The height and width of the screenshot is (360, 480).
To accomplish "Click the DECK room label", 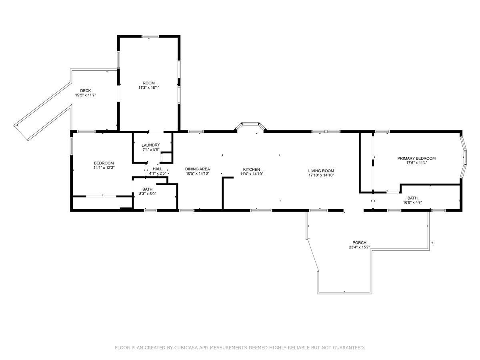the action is [85, 90].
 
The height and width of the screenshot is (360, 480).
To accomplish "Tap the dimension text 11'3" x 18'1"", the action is [149, 88].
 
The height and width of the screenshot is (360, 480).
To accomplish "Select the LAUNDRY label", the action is [151, 145].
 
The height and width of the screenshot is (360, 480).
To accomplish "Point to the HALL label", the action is [158, 169].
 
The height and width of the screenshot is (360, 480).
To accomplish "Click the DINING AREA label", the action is [198, 169].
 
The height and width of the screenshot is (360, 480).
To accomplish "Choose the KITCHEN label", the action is [252, 169].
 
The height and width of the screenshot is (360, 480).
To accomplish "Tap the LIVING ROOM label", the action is [321, 171].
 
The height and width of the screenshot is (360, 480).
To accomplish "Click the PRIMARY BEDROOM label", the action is [416, 158].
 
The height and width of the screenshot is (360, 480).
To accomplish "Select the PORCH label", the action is [359, 243].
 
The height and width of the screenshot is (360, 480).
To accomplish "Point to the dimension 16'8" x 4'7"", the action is [412, 202].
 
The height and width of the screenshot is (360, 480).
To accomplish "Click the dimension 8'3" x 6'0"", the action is [147, 194].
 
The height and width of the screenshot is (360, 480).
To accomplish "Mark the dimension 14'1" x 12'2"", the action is [104, 168].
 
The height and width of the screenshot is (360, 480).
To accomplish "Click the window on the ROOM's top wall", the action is [150, 36].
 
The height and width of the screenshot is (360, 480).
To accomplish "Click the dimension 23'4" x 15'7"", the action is [359, 247].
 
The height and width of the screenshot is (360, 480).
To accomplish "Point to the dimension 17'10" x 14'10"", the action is [321, 175].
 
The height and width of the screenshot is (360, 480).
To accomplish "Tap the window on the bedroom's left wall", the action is [71, 146].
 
